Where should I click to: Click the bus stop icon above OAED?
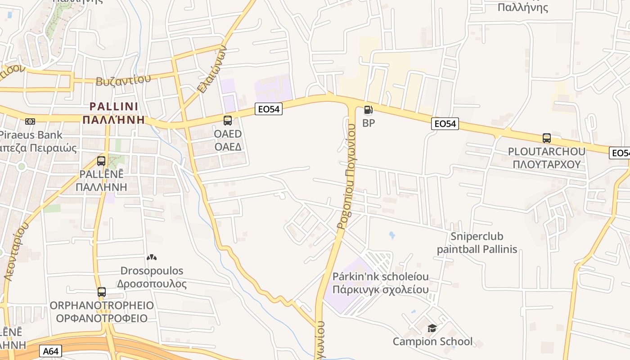tap(228, 120)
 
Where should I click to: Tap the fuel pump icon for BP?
tap(368, 109)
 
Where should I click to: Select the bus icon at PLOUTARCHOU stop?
tap(547, 138)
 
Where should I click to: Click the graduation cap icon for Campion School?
tap(432, 328)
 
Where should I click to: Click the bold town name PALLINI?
tap(114, 107)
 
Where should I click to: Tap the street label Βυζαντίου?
tap(123, 80)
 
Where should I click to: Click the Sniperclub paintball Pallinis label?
tap(477, 243)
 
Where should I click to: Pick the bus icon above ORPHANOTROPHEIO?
tap(102, 292)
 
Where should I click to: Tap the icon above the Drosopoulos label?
tap(152, 258)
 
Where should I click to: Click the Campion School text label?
tap(432, 342)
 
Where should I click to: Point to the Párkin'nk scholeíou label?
tap(380, 276)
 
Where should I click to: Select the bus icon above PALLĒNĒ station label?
tap(101, 161)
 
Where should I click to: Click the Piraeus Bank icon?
tap(30, 121)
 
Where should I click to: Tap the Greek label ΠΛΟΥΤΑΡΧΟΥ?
tap(547, 164)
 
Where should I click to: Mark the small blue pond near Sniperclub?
tap(391, 235)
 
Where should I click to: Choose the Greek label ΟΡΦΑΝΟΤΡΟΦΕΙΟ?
tap(102, 318)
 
